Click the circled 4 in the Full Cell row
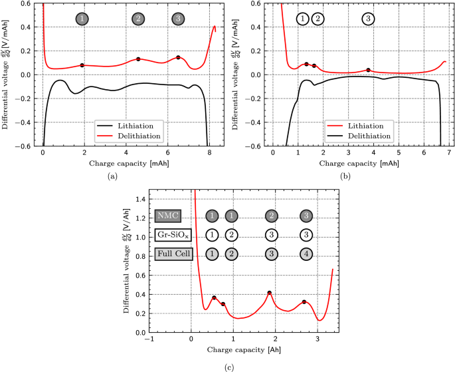click(x=305, y=254)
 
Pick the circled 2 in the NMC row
click(x=271, y=216)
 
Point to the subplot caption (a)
click(x=112, y=175)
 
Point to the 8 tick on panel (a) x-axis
click(x=209, y=153)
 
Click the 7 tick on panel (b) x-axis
click(x=448, y=153)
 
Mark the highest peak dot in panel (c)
click(x=270, y=293)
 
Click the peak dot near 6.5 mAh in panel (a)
click(x=178, y=57)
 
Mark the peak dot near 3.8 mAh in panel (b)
click(x=368, y=70)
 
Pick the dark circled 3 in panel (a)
click(x=177, y=19)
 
